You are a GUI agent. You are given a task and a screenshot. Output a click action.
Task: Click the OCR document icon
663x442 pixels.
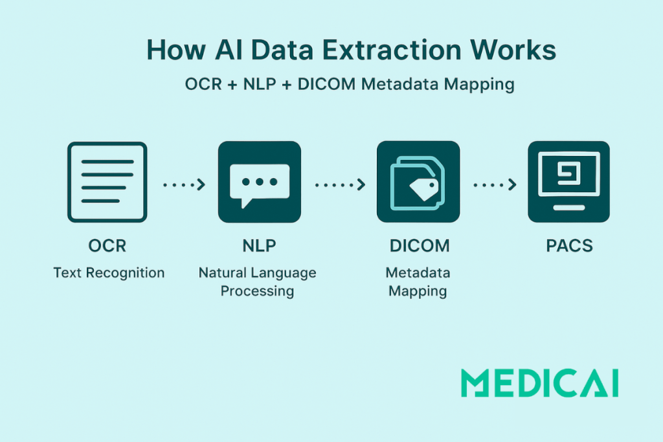pyautogui.click(x=107, y=182)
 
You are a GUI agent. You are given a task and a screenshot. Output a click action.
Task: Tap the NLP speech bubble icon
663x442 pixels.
pyautogui.click(x=260, y=182)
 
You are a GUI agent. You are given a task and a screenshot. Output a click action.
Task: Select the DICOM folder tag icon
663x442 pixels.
pyautogui.click(x=418, y=182)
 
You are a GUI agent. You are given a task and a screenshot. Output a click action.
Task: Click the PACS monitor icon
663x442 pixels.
pyautogui.click(x=568, y=182)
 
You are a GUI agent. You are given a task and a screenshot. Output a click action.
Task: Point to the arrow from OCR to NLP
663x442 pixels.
pyautogui.click(x=185, y=184)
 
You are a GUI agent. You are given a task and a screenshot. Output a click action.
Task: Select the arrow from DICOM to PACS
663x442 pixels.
pyautogui.click(x=495, y=184)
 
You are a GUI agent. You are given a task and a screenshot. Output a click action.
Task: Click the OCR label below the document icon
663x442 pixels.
pyautogui.click(x=107, y=245)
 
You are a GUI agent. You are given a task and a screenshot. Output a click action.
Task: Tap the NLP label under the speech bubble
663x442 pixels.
pyautogui.click(x=259, y=245)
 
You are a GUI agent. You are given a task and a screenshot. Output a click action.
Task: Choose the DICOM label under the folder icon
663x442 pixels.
pyautogui.click(x=420, y=245)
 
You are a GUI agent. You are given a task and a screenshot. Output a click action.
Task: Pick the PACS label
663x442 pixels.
pyautogui.click(x=569, y=245)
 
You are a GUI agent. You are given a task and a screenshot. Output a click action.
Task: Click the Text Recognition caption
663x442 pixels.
pyautogui.click(x=109, y=273)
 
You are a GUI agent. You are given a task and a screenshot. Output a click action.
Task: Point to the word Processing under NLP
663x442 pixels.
pyautogui.click(x=257, y=291)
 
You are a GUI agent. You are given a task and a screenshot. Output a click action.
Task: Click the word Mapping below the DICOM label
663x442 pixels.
pyautogui.click(x=418, y=291)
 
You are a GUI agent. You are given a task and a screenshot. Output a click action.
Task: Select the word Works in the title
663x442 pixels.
pyautogui.click(x=513, y=50)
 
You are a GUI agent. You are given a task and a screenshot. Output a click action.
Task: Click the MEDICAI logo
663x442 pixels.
pyautogui.click(x=539, y=383)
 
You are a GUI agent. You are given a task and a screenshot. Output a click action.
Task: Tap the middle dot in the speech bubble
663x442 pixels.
pyautogui.click(x=260, y=182)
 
